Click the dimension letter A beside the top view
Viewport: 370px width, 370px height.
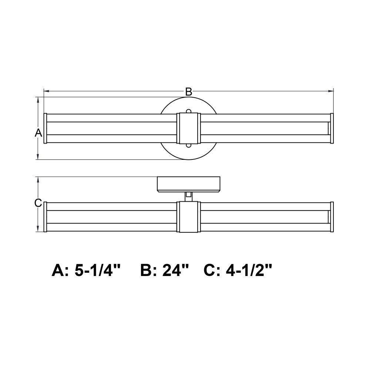tap(38, 133)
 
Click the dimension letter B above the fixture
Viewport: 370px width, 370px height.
tap(189, 92)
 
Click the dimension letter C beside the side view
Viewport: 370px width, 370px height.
tap(38, 203)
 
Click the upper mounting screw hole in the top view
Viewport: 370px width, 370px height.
tap(189, 111)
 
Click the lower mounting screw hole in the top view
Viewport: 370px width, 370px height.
tap(189, 145)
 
